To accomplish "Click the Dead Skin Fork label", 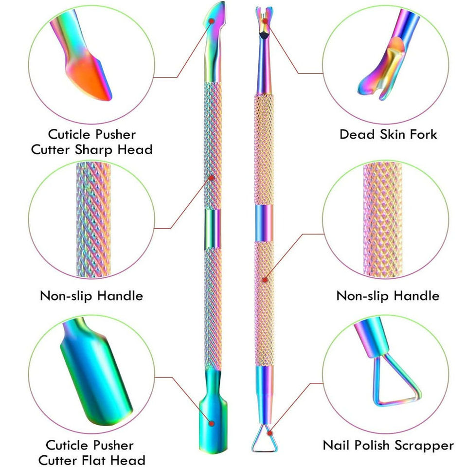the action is coord(388,134).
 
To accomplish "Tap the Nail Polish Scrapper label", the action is coord(388,445).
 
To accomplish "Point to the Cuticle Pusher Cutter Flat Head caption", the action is coord(92,452).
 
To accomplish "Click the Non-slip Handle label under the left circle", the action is coord(91,295).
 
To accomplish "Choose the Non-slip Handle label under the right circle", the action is coord(388,295).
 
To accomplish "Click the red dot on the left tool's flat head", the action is coord(211,423).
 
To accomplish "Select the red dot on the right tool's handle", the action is coord(265,280).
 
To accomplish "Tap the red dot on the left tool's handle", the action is coord(212,177).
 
